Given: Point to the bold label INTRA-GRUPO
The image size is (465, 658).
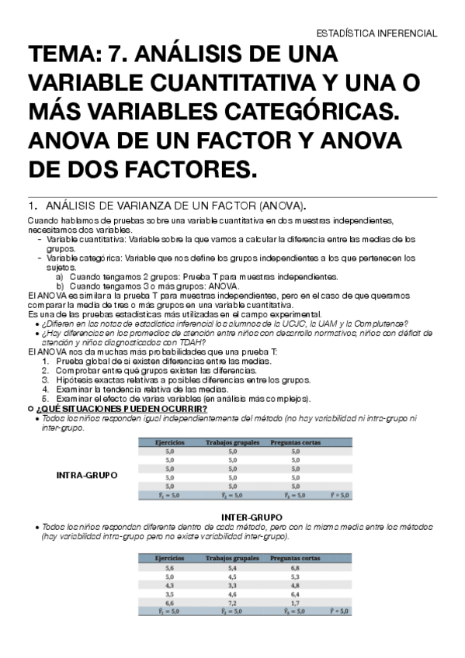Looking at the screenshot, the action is click(x=88, y=475).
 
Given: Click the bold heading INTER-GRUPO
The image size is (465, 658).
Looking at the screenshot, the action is click(x=251, y=517).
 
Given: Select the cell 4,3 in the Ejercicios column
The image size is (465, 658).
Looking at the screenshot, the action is click(x=170, y=585).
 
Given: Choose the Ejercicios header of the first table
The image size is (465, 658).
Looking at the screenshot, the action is click(x=168, y=442).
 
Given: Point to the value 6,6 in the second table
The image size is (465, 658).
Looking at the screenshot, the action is click(x=170, y=602).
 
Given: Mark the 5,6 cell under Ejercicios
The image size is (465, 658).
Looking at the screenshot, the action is click(x=170, y=567).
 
